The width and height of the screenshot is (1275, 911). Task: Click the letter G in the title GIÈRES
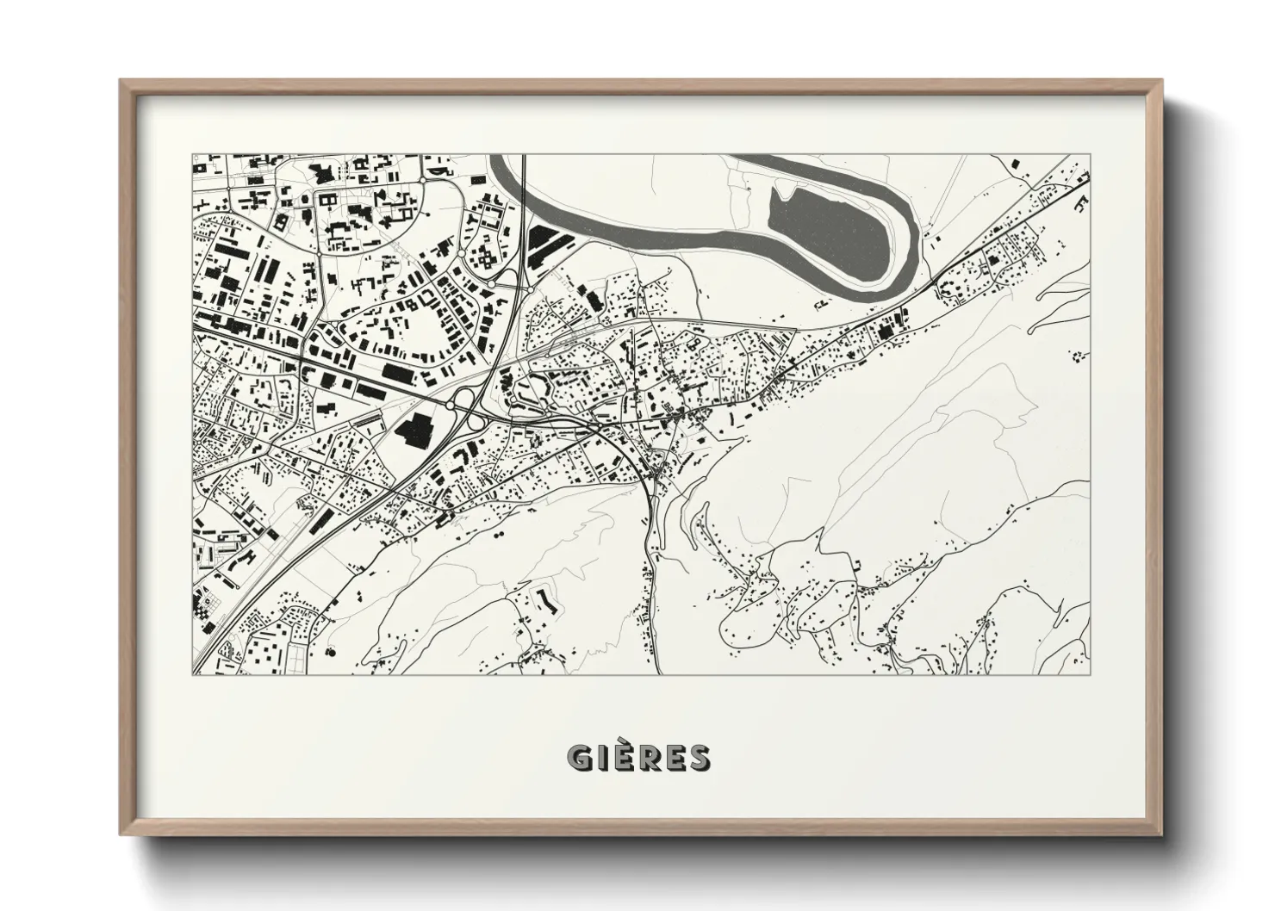click(579, 758)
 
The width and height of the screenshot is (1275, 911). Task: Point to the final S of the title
click(699, 758)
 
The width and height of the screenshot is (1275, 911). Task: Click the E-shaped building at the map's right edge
click(1082, 203)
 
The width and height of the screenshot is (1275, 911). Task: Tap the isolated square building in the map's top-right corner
click(1013, 163)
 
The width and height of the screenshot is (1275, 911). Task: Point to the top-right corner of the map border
click(1090, 155)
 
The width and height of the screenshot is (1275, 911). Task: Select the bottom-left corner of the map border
click(192, 674)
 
